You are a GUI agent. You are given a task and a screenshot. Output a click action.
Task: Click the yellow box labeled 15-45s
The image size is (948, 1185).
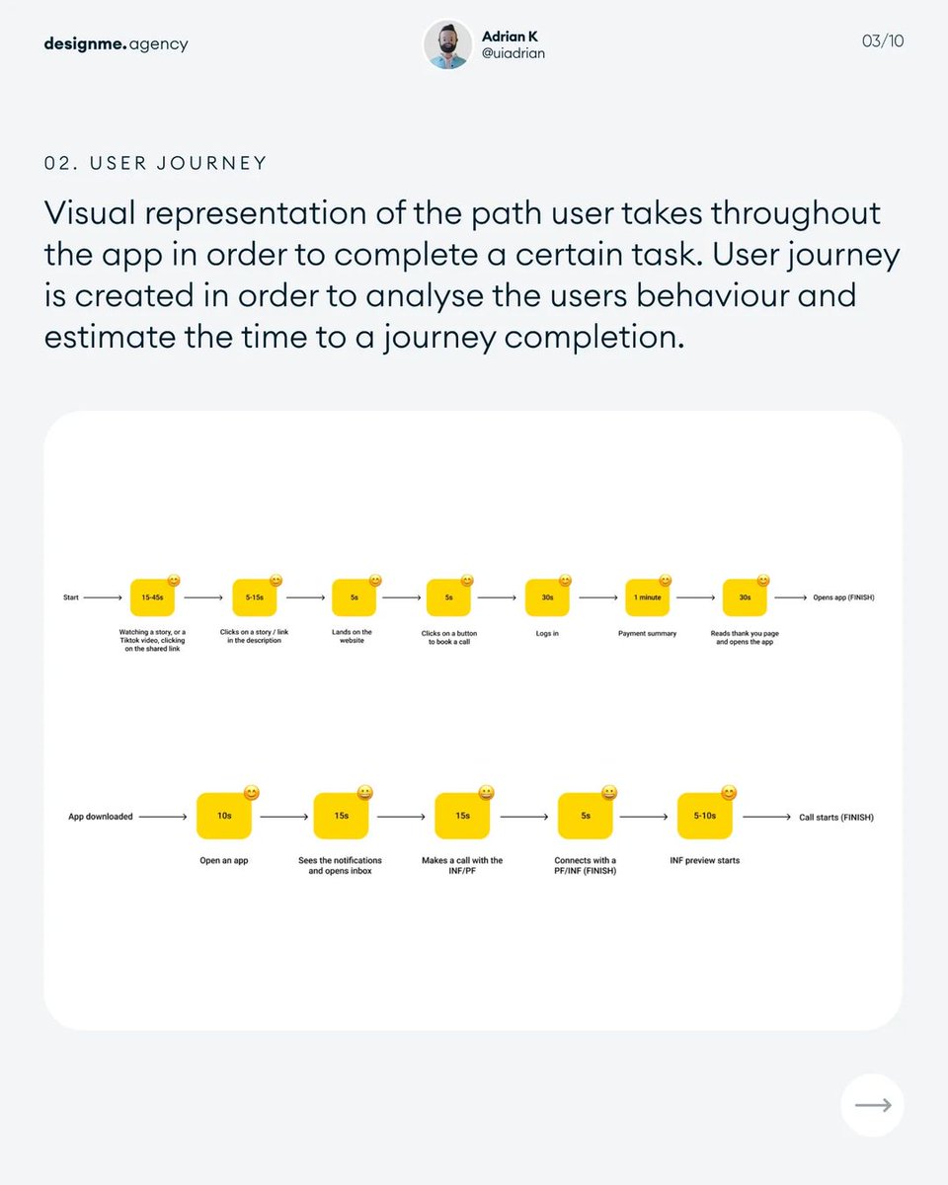pos(152,597)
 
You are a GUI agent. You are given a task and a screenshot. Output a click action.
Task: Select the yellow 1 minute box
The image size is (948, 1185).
pos(648,597)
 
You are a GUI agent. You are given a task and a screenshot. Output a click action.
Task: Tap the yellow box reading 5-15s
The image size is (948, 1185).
pos(255,597)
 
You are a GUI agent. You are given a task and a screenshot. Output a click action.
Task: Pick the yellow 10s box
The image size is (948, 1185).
pos(224,817)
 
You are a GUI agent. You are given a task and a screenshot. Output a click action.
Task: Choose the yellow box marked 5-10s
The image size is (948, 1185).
pos(704,817)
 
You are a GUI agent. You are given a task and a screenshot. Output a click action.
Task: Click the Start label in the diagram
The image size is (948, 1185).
pos(71,597)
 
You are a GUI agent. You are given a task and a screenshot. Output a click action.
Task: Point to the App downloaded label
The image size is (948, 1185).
pos(100,817)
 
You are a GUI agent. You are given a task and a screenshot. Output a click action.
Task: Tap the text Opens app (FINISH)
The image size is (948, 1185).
pos(843,597)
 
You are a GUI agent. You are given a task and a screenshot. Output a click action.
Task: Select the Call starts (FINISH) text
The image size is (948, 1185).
pos(835,817)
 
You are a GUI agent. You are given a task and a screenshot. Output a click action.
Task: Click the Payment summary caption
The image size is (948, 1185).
pos(647,633)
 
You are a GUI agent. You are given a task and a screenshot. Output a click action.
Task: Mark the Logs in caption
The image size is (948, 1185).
pos(547,633)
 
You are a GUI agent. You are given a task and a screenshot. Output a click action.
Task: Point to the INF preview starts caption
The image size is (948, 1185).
pos(704,860)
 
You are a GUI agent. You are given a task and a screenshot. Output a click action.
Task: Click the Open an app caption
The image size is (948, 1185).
pos(224,860)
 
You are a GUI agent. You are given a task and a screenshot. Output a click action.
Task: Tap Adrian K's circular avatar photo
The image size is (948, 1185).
pos(447,44)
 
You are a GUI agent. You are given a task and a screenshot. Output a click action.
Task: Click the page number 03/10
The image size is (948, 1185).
pos(883,41)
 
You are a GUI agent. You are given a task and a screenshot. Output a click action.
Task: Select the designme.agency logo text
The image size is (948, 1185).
pos(116,43)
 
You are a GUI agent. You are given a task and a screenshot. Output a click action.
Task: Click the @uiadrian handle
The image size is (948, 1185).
pos(513,53)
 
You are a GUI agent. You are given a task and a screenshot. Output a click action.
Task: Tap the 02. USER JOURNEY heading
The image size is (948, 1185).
pos(155,163)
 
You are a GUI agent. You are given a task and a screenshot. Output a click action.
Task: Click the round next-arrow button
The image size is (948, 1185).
pos(872,1105)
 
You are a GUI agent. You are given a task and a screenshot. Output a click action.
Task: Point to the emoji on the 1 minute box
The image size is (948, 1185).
pos(666,581)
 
